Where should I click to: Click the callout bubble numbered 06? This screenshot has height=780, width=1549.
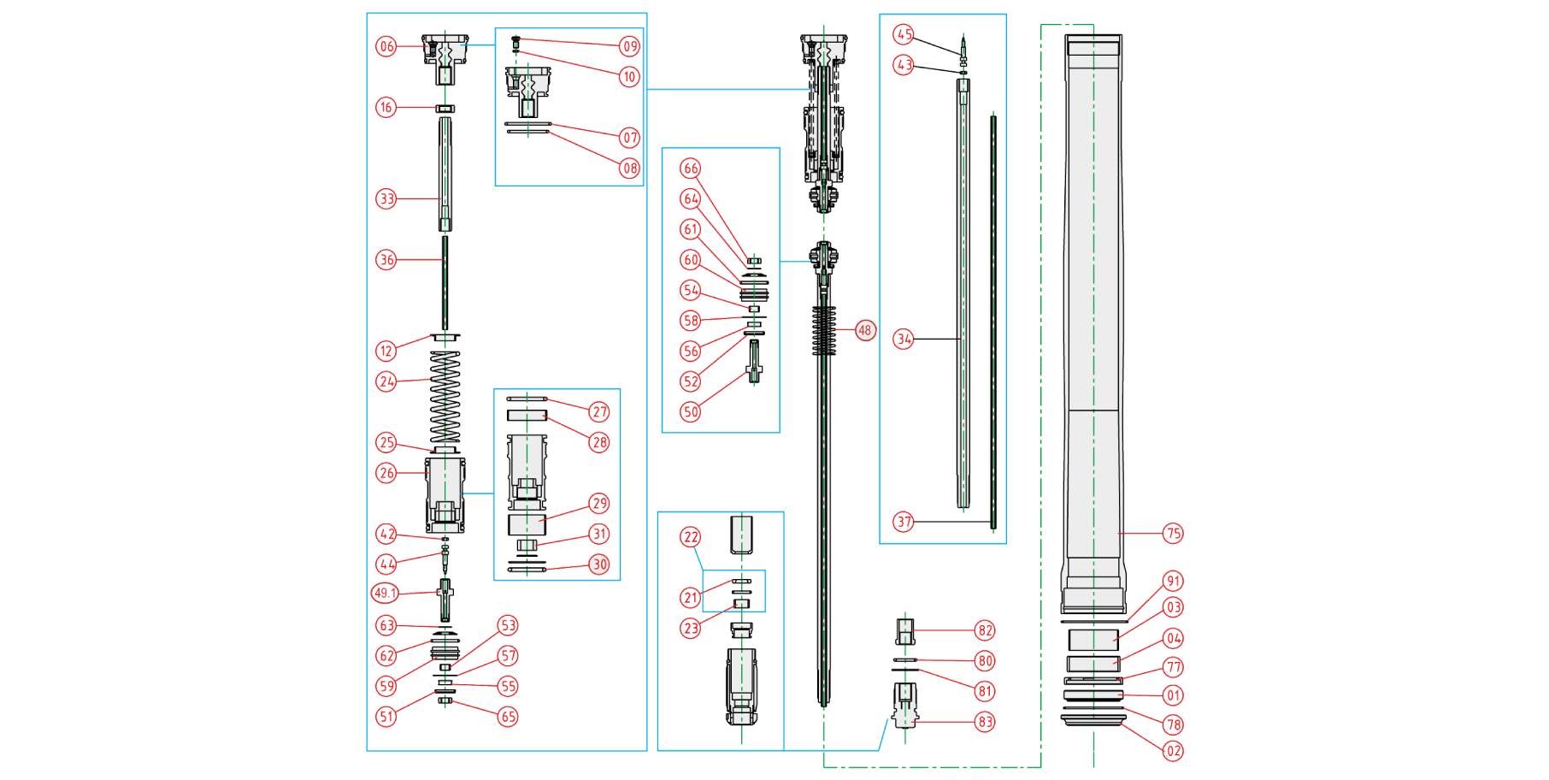[x=386, y=46]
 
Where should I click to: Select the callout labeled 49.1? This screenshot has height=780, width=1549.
[x=386, y=593]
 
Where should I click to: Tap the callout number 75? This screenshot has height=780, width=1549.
[x=1174, y=534]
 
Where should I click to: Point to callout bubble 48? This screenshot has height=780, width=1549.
[x=866, y=330]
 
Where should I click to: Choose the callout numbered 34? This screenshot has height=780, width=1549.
[x=904, y=340]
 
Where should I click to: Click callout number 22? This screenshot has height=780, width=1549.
[x=690, y=537]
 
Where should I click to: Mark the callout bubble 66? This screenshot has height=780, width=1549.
[x=690, y=168]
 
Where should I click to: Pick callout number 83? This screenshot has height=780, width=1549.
[x=986, y=722]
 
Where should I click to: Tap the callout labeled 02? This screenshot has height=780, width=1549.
[x=1174, y=751]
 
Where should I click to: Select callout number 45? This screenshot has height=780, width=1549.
[x=904, y=34]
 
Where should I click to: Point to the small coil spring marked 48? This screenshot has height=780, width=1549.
[x=824, y=330]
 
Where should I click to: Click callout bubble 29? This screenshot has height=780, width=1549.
[x=599, y=504]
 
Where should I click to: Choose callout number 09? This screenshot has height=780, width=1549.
[x=630, y=46]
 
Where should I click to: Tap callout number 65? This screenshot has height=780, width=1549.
[x=509, y=717]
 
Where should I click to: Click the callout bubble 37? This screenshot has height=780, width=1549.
[x=904, y=522]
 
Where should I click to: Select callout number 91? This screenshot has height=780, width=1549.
[x=1174, y=582]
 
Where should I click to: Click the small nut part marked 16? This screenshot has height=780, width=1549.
[x=445, y=109]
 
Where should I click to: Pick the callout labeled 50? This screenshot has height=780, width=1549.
[x=690, y=411]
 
